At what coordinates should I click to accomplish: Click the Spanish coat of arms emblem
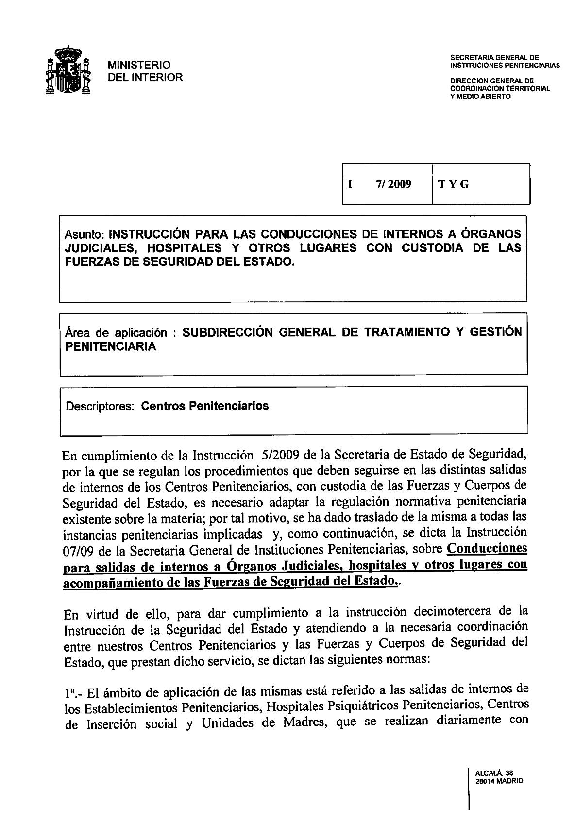pos(69,70)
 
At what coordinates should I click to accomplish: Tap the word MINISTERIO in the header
pos(139,65)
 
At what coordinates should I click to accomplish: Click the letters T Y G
pos(454,184)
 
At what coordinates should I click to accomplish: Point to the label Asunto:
pos(85,234)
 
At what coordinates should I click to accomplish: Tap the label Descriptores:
pos(100,406)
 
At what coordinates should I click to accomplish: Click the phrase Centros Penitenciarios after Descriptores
pos(204,406)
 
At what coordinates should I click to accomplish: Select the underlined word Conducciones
pos(487,549)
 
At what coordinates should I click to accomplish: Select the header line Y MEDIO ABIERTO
pos(480,97)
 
